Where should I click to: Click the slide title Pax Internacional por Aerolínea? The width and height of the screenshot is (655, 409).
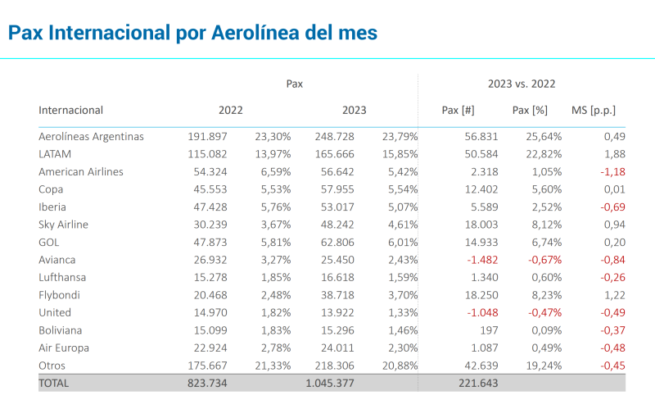192,33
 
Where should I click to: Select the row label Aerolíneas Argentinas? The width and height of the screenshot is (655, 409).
91,137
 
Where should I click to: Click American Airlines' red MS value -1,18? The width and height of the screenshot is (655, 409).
607,172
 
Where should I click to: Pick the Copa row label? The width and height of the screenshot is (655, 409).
52,189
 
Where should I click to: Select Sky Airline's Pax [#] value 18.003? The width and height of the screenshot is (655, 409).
458,225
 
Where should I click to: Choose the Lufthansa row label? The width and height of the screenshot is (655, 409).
62,278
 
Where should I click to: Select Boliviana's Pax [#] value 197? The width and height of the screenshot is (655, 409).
465,330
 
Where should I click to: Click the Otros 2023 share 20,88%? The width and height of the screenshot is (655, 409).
400,366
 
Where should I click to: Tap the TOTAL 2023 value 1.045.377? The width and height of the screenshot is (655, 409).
335,384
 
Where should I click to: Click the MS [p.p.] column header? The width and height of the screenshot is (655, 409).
593,110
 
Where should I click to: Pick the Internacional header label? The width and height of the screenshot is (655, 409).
71,110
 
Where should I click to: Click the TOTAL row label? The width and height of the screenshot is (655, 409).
54,384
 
